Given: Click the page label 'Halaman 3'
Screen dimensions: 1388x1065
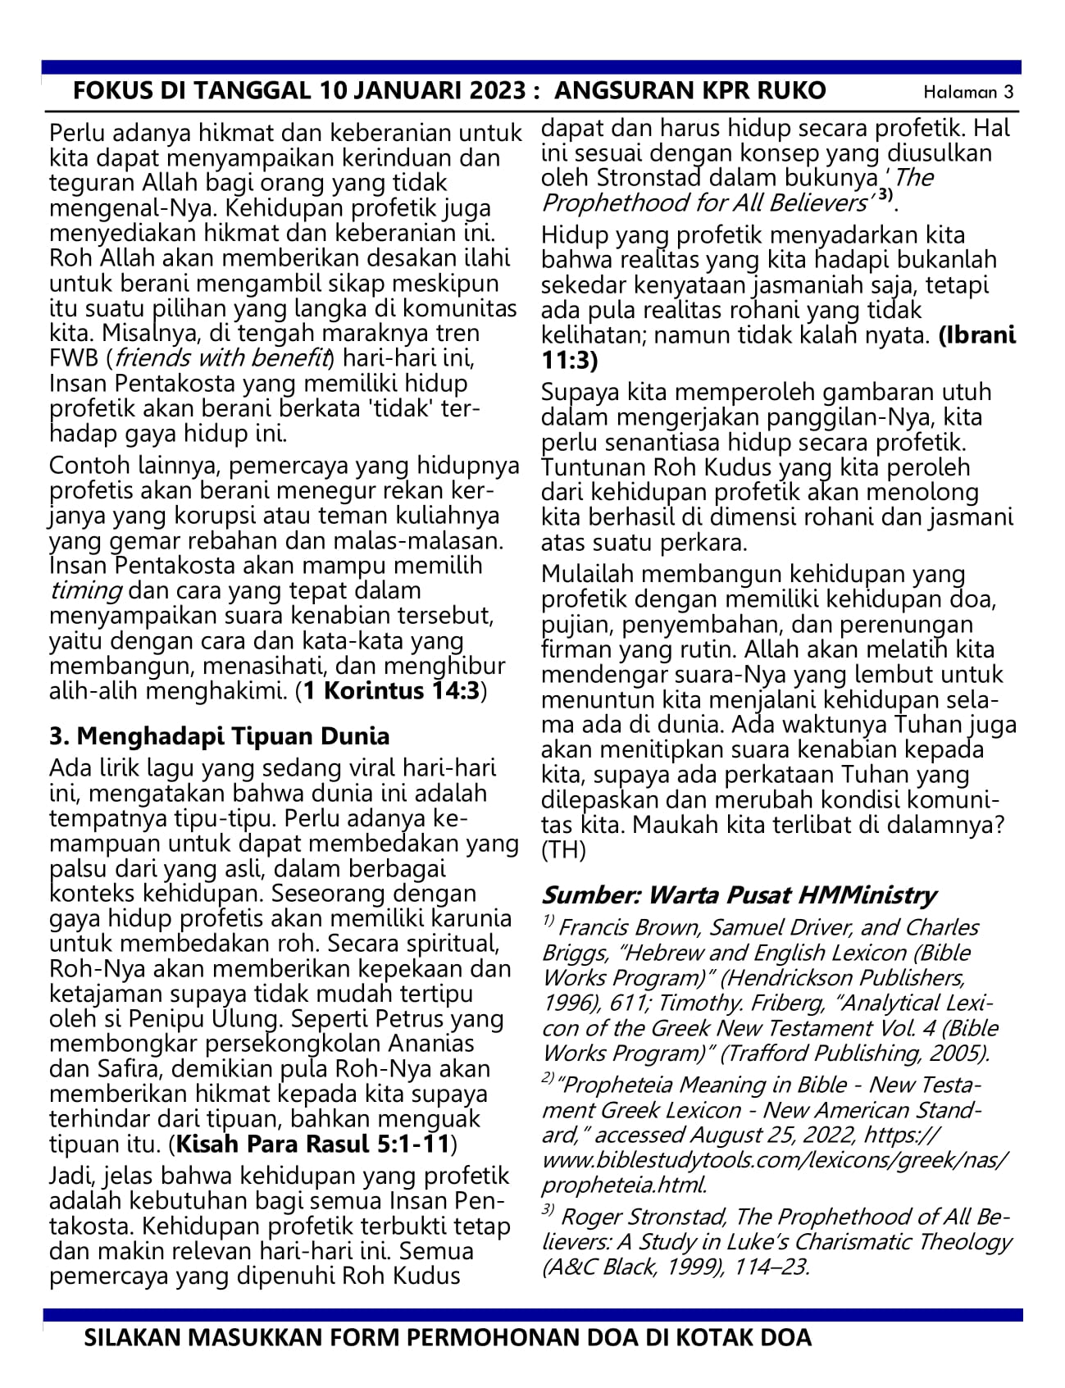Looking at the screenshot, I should [x=968, y=92].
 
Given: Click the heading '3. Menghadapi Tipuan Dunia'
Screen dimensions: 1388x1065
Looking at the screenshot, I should [x=220, y=735].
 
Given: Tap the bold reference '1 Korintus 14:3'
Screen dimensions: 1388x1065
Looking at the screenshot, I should [x=391, y=691].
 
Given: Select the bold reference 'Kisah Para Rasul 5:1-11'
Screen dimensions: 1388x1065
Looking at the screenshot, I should [x=313, y=1143].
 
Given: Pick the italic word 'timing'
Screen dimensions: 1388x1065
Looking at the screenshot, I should [x=86, y=590].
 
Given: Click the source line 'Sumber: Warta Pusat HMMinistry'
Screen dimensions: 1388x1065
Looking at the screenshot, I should [x=739, y=894].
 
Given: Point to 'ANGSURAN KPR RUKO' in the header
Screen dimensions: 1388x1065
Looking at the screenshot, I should [x=690, y=90].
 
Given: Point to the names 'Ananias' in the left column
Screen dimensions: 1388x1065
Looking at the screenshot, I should [x=430, y=1044].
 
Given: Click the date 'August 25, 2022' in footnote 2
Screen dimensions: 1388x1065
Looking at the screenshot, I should [x=786, y=1135].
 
